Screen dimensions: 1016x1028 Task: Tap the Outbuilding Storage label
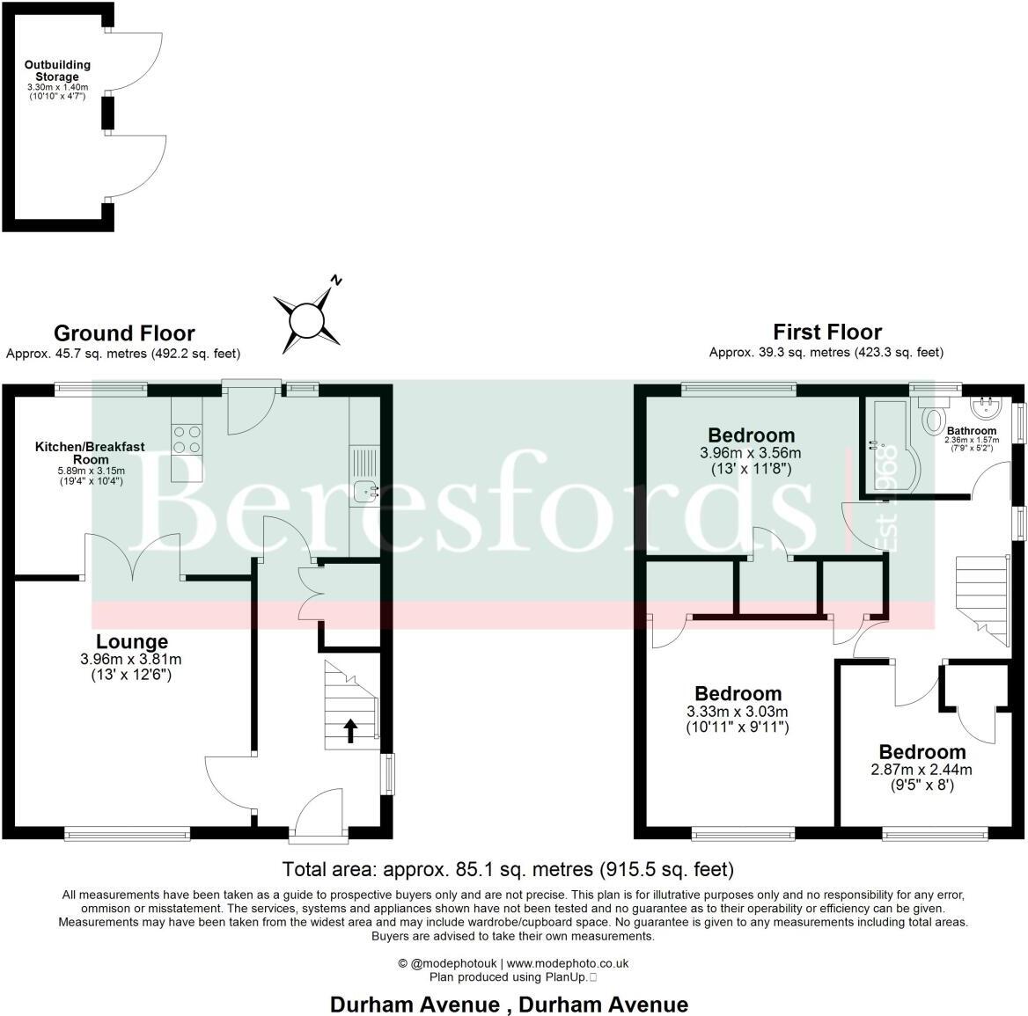[57, 71]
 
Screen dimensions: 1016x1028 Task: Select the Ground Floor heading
[124, 333]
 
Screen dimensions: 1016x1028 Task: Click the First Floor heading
[827, 332]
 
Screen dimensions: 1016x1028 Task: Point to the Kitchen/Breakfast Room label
[91, 453]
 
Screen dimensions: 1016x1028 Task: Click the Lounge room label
[132, 642]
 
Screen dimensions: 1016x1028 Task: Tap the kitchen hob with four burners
[187, 439]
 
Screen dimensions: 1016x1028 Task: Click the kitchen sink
[364, 493]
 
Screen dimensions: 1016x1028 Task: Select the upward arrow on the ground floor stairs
[350, 730]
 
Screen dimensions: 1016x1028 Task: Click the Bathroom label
[972, 431]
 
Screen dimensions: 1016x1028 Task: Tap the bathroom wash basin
[986, 407]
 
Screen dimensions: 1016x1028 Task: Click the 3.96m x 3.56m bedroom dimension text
[751, 453]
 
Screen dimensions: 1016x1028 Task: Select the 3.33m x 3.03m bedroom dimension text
[738, 712]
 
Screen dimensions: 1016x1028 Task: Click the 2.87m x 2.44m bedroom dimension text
[922, 769]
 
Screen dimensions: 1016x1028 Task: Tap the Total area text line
[508, 870]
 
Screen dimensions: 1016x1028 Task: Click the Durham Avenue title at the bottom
[509, 1004]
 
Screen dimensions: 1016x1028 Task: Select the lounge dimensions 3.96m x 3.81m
[131, 659]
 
